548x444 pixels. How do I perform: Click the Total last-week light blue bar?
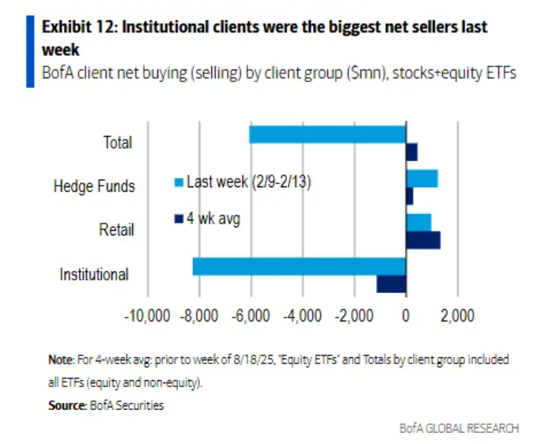(x=327, y=134)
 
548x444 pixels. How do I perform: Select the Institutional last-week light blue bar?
(x=299, y=266)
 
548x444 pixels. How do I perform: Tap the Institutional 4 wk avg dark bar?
(x=391, y=284)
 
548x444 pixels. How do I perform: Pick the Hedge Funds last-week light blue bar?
(x=421, y=179)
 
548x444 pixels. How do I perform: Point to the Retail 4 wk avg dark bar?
(x=422, y=240)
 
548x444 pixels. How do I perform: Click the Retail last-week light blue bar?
(x=418, y=222)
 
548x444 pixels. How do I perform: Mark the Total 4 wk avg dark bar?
(x=411, y=152)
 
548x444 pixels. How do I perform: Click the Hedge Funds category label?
(x=94, y=186)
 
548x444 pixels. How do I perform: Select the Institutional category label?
(x=94, y=275)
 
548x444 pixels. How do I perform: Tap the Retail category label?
(x=116, y=231)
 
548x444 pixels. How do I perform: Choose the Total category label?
(x=117, y=143)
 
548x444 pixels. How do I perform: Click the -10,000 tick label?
(x=148, y=317)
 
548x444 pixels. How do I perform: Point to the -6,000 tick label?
(x=251, y=317)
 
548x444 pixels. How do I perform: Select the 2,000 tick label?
(x=457, y=317)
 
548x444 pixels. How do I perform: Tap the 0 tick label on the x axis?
(x=406, y=317)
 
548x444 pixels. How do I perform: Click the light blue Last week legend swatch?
(x=179, y=182)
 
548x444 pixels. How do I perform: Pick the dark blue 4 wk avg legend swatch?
(x=179, y=219)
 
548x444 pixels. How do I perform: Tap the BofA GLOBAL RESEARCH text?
(x=459, y=427)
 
